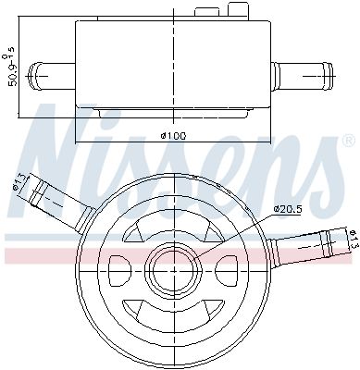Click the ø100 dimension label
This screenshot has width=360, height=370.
pyautogui.click(x=173, y=137)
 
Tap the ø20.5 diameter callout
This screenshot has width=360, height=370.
pyautogui.click(x=288, y=209)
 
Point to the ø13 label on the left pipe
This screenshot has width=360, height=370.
pyautogui.click(x=17, y=183)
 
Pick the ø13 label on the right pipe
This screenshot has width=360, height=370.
pyautogui.click(x=353, y=239)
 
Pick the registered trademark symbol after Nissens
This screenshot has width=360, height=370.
pyautogui.click(x=347, y=141)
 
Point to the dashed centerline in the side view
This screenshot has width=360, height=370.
pyautogui.click(x=173, y=55)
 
